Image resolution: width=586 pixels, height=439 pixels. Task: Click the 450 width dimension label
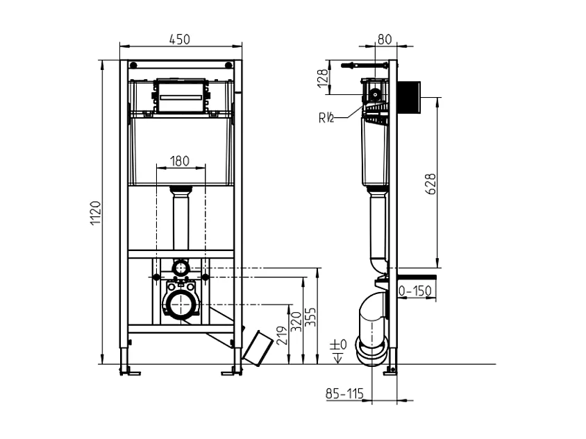(180, 40)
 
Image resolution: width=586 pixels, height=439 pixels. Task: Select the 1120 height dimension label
(97, 213)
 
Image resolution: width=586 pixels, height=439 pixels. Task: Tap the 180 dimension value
(180, 161)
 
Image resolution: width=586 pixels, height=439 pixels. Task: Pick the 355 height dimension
(312, 318)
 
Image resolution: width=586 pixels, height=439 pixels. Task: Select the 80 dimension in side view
(385, 40)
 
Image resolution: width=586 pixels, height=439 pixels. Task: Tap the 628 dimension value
(431, 184)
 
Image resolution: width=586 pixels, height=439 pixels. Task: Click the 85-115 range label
(344, 394)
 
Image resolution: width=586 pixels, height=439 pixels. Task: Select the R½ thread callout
(327, 117)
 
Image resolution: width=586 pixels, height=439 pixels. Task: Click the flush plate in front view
(181, 96)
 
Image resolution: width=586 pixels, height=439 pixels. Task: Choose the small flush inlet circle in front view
(181, 266)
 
